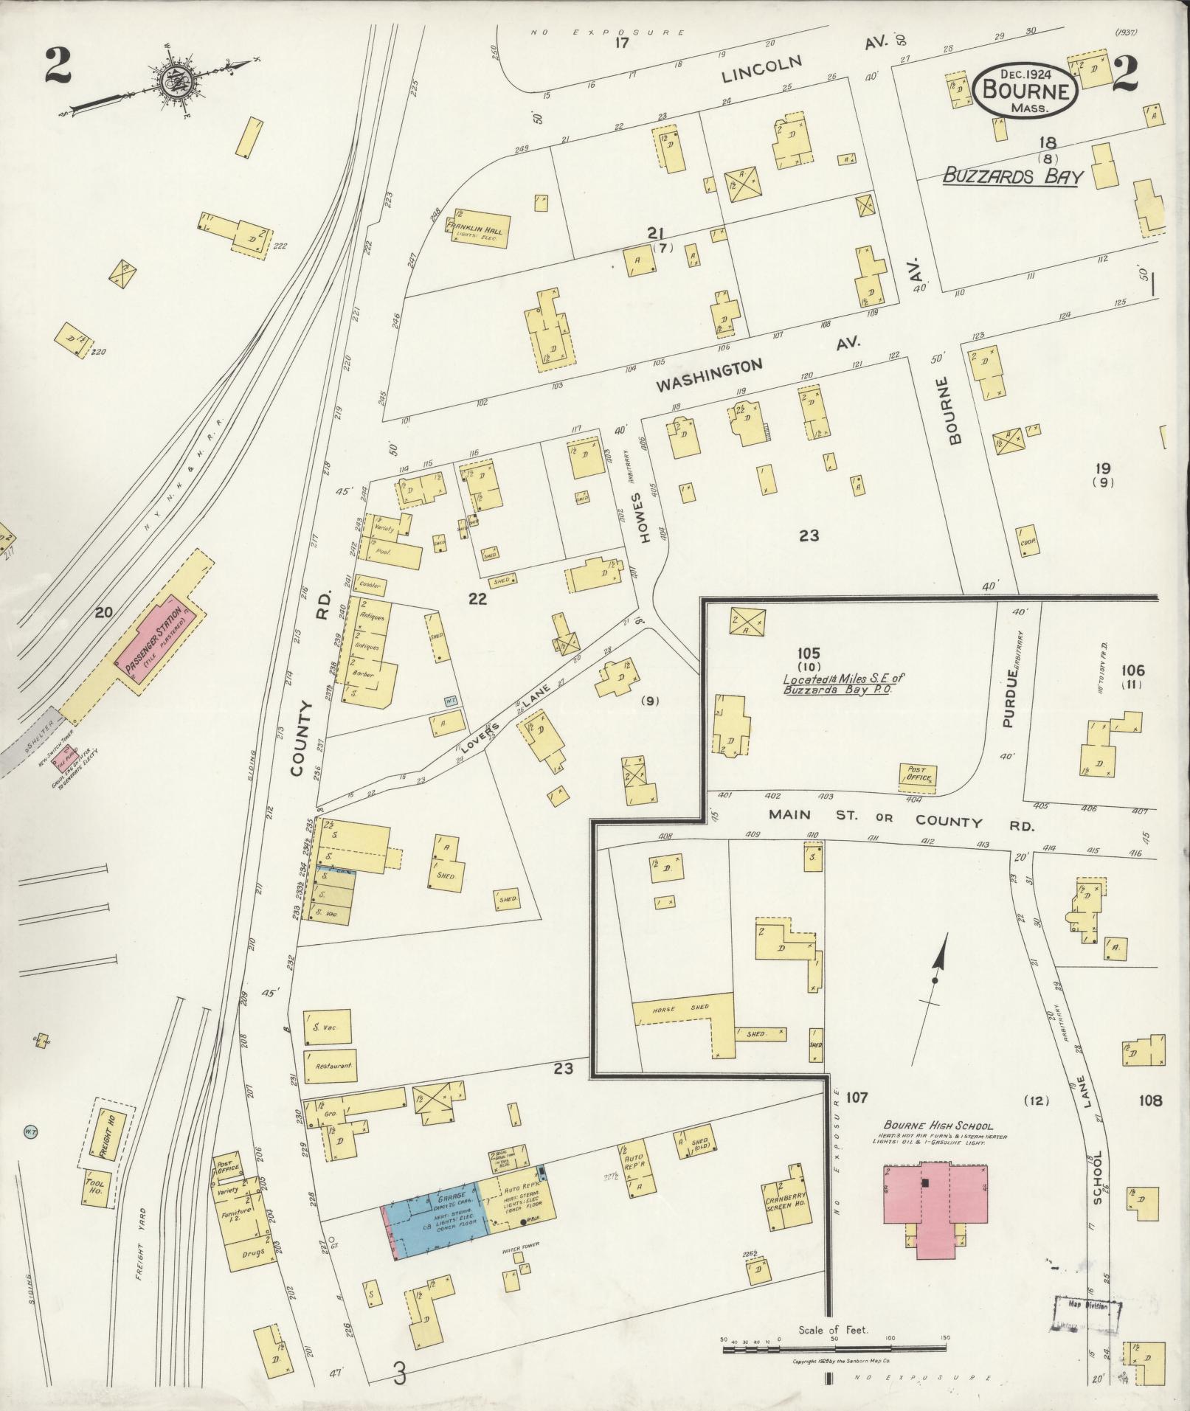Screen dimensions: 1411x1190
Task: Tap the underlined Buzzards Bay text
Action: [1012, 177]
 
